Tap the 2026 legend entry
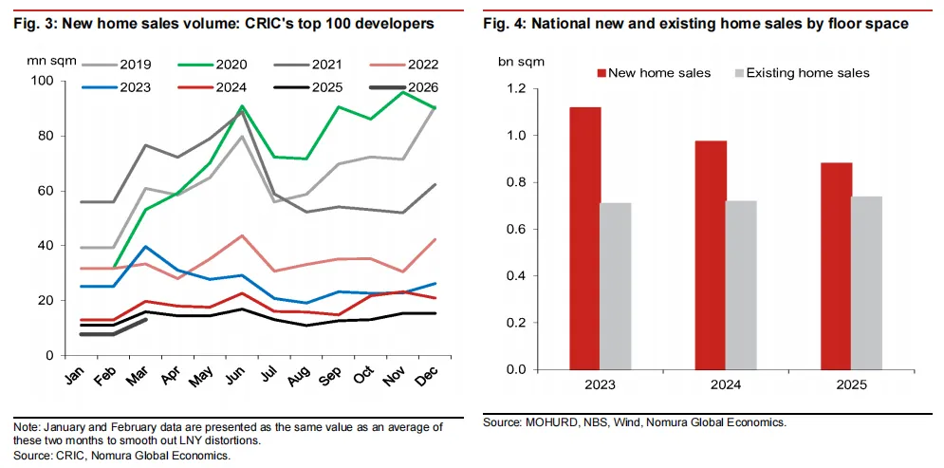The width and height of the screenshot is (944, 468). click(402, 87)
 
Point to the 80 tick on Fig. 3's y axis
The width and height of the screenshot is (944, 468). click(46, 136)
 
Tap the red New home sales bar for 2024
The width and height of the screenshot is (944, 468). click(711, 254)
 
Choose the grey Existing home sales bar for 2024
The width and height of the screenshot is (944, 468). click(742, 285)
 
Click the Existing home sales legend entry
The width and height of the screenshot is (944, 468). click(802, 73)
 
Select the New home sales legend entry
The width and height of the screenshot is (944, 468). click(654, 73)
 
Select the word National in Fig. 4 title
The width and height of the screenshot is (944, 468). click(562, 24)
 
